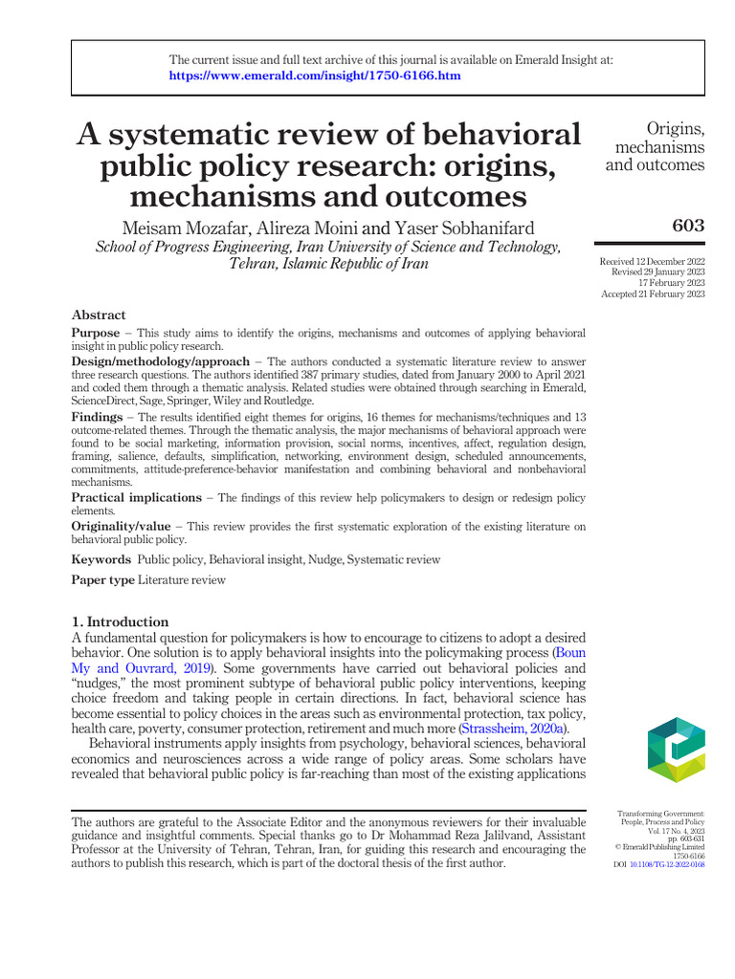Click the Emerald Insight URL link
click(315, 76)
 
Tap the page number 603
click(687, 226)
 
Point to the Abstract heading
click(99, 315)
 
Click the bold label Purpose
click(96, 333)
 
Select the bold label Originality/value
click(122, 527)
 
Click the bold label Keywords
click(100, 559)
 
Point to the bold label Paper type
click(103, 580)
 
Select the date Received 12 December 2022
click(652, 262)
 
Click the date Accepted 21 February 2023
click(653, 294)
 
